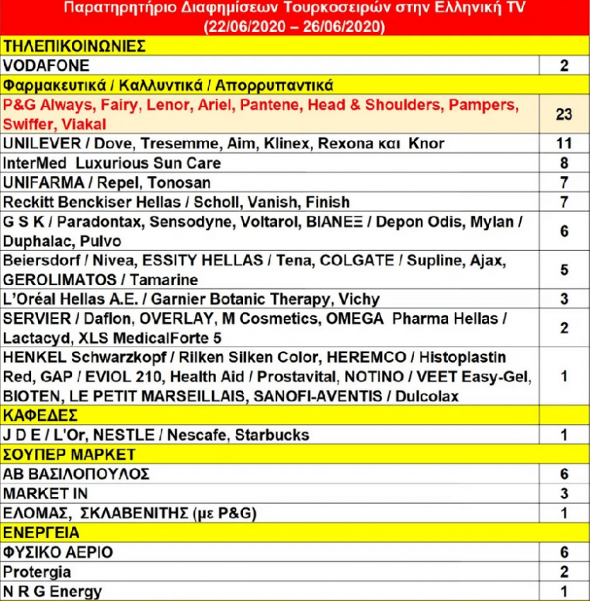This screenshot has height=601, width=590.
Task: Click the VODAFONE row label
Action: click(x=47, y=65)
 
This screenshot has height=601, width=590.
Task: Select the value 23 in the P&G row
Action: click(x=564, y=114)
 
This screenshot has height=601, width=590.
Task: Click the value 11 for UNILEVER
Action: click(x=564, y=144)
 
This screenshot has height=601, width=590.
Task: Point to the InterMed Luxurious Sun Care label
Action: click(x=113, y=163)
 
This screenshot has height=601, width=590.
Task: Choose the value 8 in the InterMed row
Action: click(x=564, y=163)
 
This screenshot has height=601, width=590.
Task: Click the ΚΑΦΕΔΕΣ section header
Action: click(x=40, y=415)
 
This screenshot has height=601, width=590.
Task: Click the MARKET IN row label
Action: click(x=46, y=494)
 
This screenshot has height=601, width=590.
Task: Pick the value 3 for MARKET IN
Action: click(x=564, y=494)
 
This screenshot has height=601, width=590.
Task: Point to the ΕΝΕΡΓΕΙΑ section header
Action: click(x=43, y=533)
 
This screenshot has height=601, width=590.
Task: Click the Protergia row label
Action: click(x=38, y=572)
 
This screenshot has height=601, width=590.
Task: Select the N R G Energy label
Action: click(x=54, y=592)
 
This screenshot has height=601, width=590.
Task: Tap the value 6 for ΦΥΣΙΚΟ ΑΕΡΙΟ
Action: click(x=564, y=552)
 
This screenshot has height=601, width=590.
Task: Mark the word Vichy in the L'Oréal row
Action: click(x=358, y=299)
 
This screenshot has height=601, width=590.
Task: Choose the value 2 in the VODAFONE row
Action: click(x=564, y=65)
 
